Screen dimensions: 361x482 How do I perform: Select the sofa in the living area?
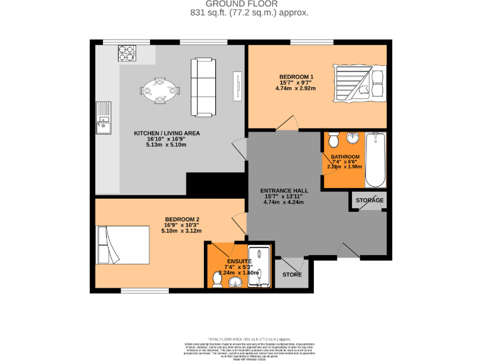(x=203, y=86)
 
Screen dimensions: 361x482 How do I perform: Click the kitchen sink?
(x=103, y=119)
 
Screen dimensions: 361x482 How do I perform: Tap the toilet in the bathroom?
(x=333, y=139)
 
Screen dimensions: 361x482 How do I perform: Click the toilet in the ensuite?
(x=217, y=278)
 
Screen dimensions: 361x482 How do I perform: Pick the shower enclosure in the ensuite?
(x=258, y=266)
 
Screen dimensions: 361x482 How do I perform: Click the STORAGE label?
(x=369, y=201)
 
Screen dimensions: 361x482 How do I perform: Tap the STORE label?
(x=291, y=275)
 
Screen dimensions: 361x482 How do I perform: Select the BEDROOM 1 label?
(x=297, y=77)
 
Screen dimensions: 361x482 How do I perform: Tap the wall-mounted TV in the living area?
(x=238, y=86)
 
